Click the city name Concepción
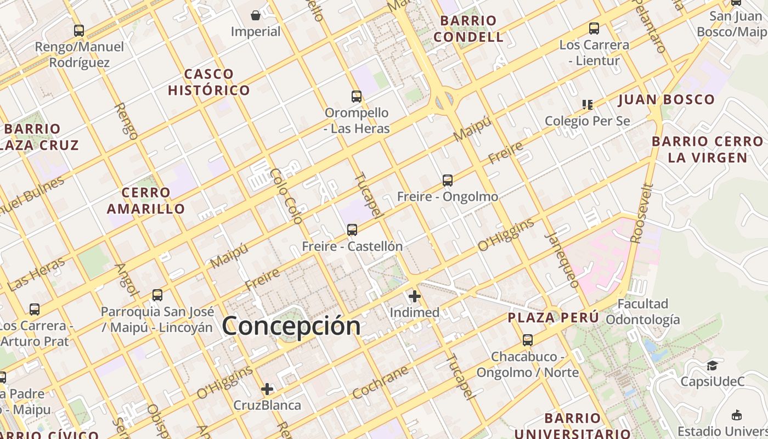tap(291, 325)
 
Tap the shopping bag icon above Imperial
tap(256, 15)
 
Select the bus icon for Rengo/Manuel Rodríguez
tap(79, 31)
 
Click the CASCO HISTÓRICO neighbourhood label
tap(209, 82)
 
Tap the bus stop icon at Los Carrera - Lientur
tap(594, 29)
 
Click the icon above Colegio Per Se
tap(588, 104)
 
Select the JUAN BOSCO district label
tap(667, 100)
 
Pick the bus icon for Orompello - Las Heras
tap(357, 97)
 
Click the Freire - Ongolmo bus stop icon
tap(448, 181)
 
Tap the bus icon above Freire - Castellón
tap(352, 230)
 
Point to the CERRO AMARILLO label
tap(146, 201)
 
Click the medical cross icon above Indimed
tap(415, 297)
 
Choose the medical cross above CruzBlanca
tap(267, 390)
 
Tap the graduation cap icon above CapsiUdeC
tap(712, 365)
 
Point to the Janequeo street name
tap(563, 261)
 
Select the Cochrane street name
tap(380, 382)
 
